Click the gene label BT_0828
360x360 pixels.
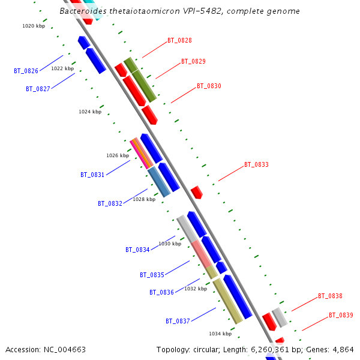179,40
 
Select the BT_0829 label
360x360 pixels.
193,61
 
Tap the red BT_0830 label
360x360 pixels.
209,86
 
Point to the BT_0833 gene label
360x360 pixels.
256,164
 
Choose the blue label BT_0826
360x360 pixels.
26,71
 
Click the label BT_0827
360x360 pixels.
38,89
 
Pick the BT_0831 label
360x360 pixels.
92,175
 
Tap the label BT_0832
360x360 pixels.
110,203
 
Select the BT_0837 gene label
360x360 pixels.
178,321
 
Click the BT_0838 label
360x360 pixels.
330,296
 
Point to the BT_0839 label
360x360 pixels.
341,315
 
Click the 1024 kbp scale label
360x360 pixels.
90,112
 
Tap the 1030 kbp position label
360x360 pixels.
170,244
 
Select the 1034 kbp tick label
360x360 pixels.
220,334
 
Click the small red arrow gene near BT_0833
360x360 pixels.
197,193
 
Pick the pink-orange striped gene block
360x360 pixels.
142,153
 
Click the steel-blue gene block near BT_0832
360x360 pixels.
159,182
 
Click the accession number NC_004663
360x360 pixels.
64,349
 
